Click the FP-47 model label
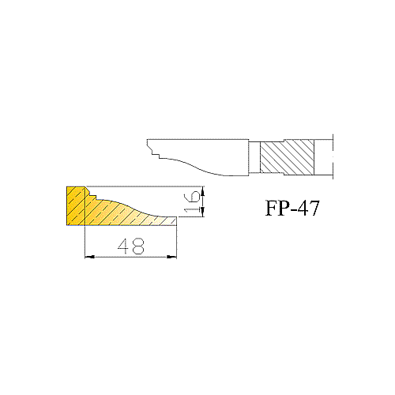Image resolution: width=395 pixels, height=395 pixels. coord(292,208)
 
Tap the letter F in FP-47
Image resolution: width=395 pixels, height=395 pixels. coord(271,208)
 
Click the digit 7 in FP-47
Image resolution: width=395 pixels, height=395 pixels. coord(314,208)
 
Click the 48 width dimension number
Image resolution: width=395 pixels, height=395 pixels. coord(131,246)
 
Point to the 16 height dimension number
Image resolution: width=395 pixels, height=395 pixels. coord(192,201)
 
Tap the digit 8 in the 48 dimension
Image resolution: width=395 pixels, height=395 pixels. coord(138,246)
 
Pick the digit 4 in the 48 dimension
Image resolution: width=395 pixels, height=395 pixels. coord(124,246)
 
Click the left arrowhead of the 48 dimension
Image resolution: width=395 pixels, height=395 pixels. coord(89,257)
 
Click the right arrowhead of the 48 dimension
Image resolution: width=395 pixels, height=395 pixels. coord(172,257)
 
